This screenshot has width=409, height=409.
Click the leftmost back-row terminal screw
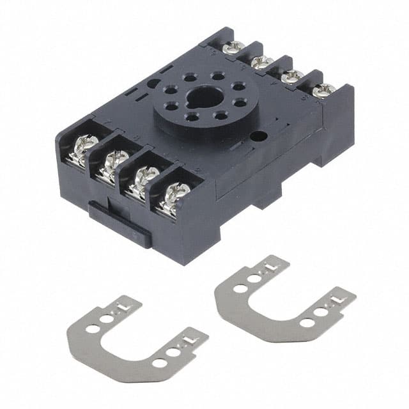235,47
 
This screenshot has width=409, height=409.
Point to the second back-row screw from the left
260,61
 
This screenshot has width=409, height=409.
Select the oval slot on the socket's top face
153,82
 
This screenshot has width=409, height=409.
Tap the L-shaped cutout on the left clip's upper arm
121,309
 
